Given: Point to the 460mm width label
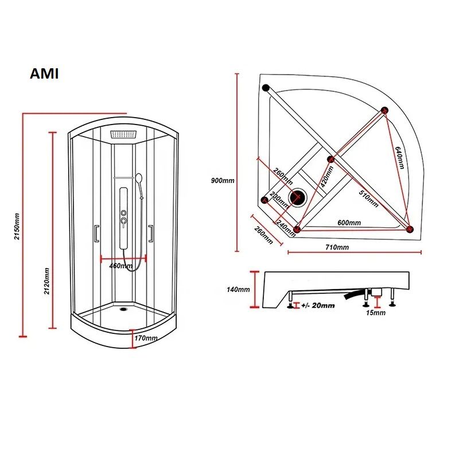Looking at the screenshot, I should pyautogui.click(x=120, y=266).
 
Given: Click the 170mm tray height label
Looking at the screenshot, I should pyautogui.click(x=146, y=338).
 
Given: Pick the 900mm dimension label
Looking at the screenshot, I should pyautogui.click(x=223, y=180).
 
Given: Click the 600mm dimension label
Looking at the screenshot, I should pyautogui.click(x=349, y=223).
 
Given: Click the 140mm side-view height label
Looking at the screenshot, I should pyautogui.click(x=238, y=289).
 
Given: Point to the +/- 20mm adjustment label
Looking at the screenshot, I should pyautogui.click(x=317, y=306).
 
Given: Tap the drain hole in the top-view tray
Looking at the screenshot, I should pyautogui.click(x=298, y=197).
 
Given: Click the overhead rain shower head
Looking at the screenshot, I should pyautogui.click(x=125, y=135).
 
